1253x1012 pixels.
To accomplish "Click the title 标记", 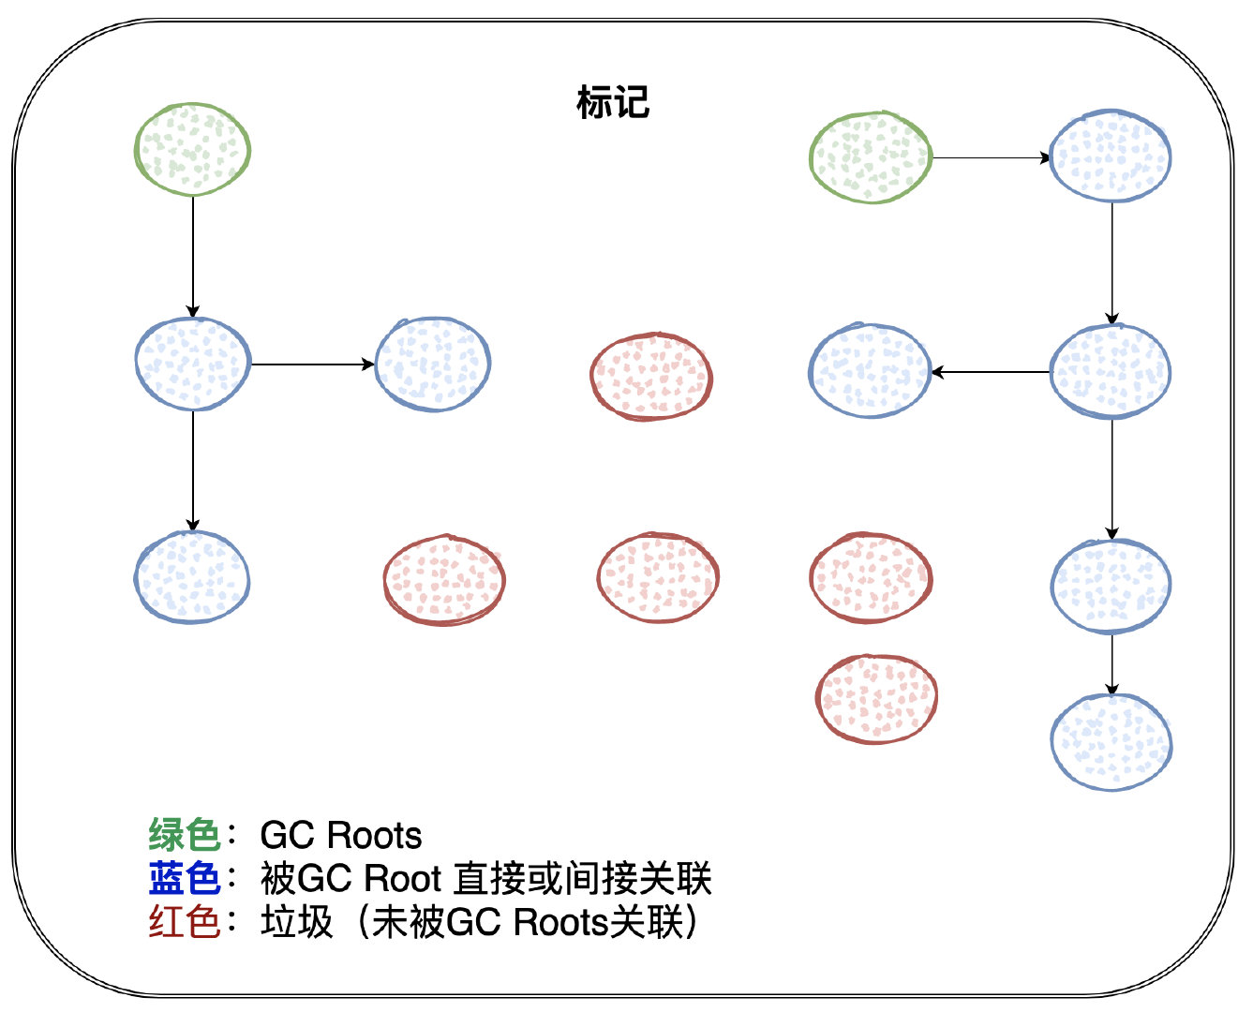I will [x=613, y=102].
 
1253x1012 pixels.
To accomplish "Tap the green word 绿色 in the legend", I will [x=184, y=834].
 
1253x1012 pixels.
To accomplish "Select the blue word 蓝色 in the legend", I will [x=184, y=878].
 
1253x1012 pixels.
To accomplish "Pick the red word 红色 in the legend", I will [x=184, y=922].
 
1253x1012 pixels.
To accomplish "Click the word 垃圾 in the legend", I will [x=297, y=922].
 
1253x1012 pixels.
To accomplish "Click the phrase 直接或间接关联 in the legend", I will [x=582, y=879].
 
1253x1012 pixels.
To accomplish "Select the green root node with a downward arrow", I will [x=192, y=150].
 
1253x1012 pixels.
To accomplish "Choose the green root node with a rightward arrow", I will [x=870, y=157].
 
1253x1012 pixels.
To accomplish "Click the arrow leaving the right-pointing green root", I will [x=991, y=158].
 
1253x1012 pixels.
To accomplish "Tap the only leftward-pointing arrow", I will [x=991, y=372].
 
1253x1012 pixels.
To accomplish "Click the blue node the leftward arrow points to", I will [x=869, y=371].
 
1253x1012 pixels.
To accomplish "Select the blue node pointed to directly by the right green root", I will [x=1111, y=156].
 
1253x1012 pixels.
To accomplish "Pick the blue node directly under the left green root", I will [x=192, y=364].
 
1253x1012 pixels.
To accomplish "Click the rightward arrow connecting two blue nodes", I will [x=312, y=364].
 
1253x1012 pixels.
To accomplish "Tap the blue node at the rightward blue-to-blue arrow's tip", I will [x=433, y=364].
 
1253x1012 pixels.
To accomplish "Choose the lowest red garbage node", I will [x=876, y=699].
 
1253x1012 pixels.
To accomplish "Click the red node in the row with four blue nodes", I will [x=651, y=376].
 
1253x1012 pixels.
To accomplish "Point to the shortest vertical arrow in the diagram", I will [x=1111, y=664].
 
